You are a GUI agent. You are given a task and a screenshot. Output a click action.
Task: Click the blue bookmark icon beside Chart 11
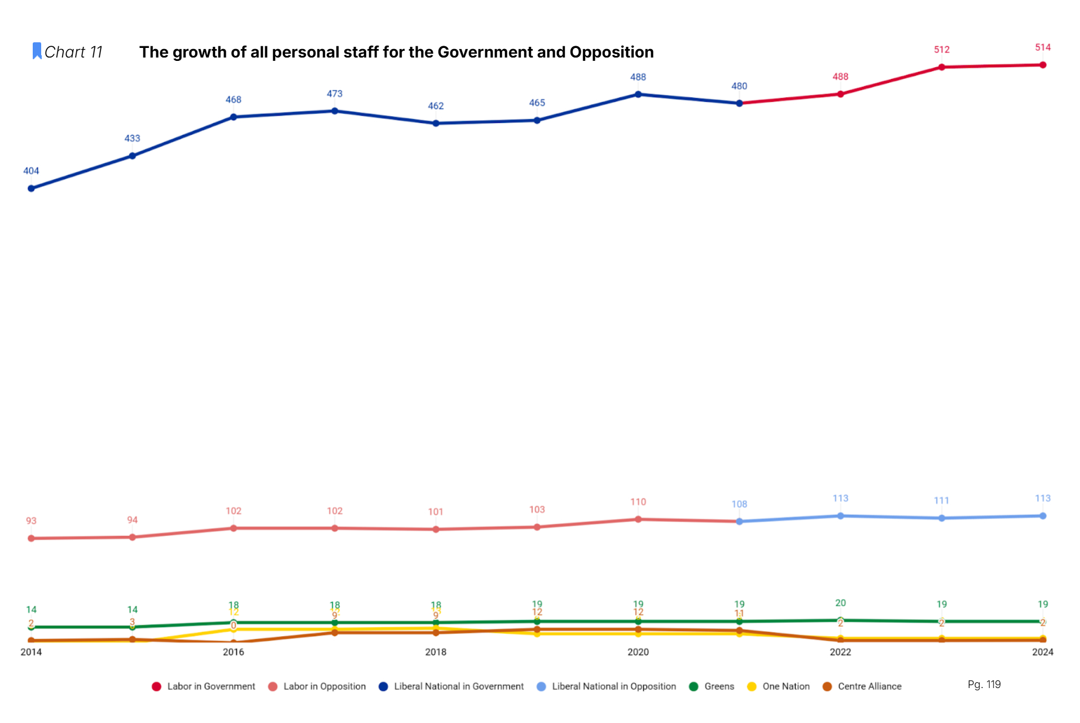click(37, 51)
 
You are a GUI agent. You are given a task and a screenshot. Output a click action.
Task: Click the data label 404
click(31, 171)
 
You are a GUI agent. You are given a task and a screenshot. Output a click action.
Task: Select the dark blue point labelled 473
click(335, 111)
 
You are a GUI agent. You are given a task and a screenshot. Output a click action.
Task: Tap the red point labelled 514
click(1043, 65)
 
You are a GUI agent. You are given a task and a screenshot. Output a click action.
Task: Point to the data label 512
click(942, 50)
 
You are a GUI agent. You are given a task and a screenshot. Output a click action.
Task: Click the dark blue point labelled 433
click(132, 156)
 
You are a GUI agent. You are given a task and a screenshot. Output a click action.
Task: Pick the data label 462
click(436, 106)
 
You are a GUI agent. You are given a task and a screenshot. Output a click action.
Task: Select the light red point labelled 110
click(638, 519)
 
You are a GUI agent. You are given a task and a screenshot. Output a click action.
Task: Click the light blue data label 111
click(942, 501)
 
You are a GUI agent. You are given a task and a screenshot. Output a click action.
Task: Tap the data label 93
click(31, 521)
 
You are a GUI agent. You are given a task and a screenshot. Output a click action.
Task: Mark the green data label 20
click(841, 603)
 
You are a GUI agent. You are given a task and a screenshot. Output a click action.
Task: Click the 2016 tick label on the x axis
click(234, 652)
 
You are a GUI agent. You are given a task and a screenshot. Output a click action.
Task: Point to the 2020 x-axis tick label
click(638, 652)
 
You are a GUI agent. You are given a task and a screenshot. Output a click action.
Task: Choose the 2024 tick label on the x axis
click(1043, 652)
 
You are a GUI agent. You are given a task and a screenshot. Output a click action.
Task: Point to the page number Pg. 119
click(984, 685)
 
